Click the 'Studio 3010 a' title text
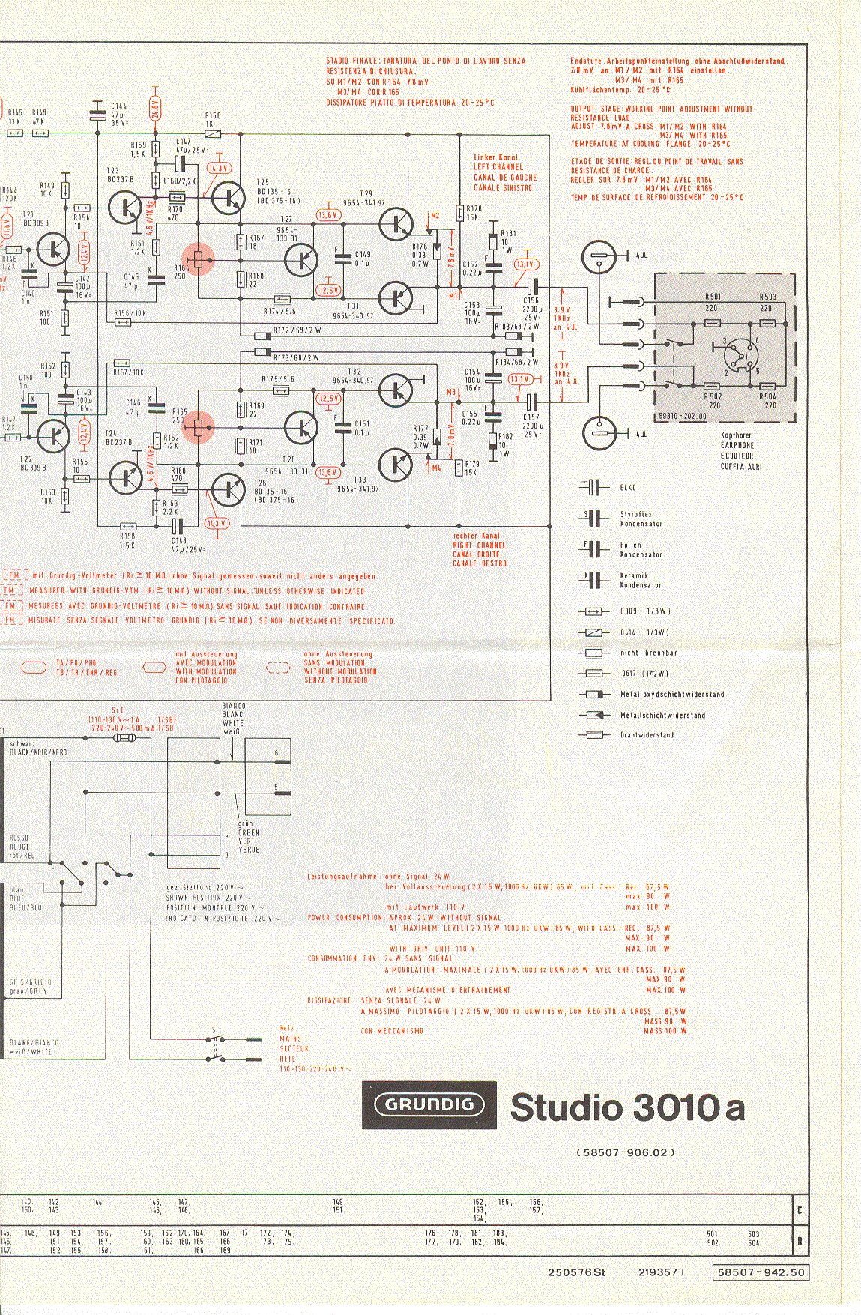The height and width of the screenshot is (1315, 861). [x=627, y=1107]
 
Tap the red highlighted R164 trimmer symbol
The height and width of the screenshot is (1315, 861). [x=198, y=260]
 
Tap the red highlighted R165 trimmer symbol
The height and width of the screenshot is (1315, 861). [x=198, y=427]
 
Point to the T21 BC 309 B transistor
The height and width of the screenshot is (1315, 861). [x=52, y=250]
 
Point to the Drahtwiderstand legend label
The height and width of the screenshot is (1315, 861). [x=647, y=735]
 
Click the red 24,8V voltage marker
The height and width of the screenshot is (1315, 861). [x=155, y=108]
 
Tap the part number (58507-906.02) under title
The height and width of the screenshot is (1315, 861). [x=626, y=1152]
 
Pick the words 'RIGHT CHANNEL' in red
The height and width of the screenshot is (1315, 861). [x=479, y=545]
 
